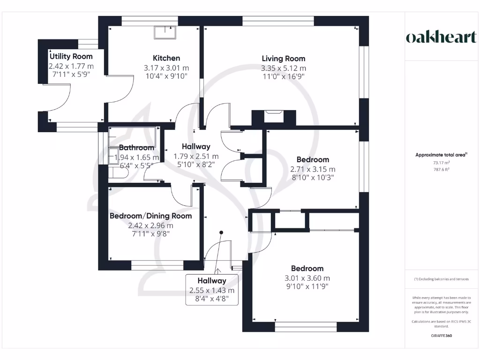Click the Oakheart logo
pyautogui.click(x=441, y=37)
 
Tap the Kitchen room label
pyautogui.click(x=166, y=58)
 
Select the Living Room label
pyautogui.click(x=283, y=59)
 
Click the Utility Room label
pyautogui.click(x=71, y=56)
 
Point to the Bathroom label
pyautogui.click(x=136, y=148)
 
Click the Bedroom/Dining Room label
pyautogui.click(x=150, y=216)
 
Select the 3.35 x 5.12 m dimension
pyautogui.click(x=283, y=68)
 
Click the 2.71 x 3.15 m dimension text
pyautogui.click(x=313, y=169)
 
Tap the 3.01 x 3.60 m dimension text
pyautogui.click(x=307, y=278)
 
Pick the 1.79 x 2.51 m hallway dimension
pyautogui.click(x=196, y=156)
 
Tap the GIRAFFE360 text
pyautogui.click(x=442, y=336)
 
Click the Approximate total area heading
pyautogui.click(x=442, y=155)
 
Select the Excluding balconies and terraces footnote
pyautogui.click(x=442, y=279)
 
